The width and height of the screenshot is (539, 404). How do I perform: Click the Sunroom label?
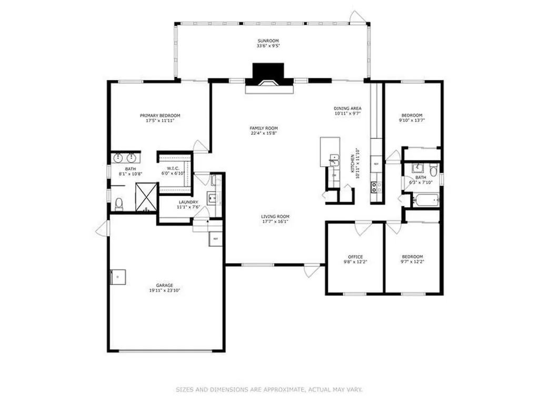coord(268,41)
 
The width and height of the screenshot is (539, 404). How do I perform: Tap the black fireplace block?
coord(268,72)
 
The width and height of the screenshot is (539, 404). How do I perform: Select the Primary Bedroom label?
coord(160,115)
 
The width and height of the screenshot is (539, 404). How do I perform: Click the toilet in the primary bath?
coord(119,203)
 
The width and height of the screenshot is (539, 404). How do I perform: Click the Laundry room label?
coord(188,202)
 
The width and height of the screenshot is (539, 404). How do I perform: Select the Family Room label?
coord(264,128)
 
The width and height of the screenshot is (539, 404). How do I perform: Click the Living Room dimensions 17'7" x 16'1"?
coord(275,221)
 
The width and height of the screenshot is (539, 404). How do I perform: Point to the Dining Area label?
coord(347,108)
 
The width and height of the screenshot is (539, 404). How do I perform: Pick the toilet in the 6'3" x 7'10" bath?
coord(433,170)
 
